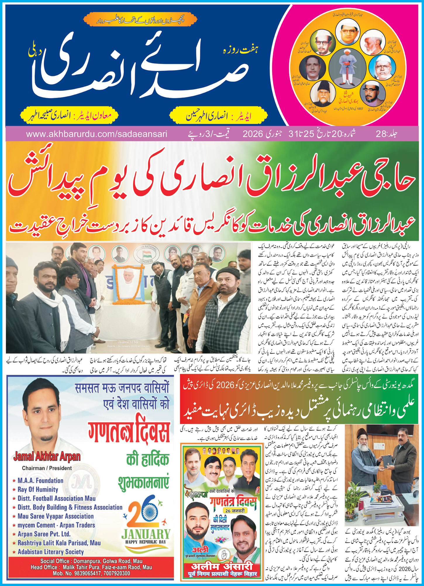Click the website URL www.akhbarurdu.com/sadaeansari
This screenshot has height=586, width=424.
[x=96, y=134]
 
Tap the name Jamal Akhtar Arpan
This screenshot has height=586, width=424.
[x=47, y=456]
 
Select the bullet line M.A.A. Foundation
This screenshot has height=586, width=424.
[x=40, y=480]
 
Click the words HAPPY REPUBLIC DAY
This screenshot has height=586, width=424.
[x=145, y=542]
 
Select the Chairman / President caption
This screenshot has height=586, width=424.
[x=47, y=468]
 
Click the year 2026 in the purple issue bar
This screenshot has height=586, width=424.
[x=254, y=134]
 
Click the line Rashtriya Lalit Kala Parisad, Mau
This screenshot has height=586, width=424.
[x=59, y=543]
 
